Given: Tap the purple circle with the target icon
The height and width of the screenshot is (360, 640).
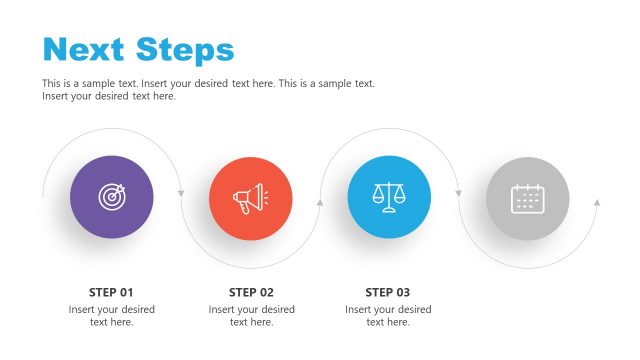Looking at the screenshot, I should (x=112, y=198).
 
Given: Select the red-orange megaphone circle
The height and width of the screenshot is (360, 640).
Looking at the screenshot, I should (x=250, y=198).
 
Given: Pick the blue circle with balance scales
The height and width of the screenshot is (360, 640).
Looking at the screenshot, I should (x=388, y=198).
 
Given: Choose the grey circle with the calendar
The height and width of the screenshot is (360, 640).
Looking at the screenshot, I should (x=527, y=198).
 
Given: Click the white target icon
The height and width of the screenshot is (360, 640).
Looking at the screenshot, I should (x=112, y=198).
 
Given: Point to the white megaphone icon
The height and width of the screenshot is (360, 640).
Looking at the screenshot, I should (x=249, y=198).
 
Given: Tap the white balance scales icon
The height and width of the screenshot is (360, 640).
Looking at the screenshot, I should (x=388, y=197).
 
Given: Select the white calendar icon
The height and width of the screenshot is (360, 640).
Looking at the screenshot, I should (x=527, y=198).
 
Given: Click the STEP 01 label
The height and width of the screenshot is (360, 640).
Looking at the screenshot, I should (x=111, y=293).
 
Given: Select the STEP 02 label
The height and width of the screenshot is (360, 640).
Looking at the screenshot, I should (x=251, y=293).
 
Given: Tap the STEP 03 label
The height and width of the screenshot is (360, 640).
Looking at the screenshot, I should (x=388, y=293).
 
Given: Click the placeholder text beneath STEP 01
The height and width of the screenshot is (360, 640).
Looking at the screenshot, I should (x=111, y=316).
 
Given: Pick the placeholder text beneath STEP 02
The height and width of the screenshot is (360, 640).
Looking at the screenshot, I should (x=251, y=316).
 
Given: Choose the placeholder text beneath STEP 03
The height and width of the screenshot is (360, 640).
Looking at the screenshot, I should (x=388, y=316).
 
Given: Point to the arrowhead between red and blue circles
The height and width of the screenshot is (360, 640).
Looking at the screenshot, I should (x=320, y=202).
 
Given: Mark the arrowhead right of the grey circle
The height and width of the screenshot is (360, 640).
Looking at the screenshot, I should (x=597, y=202).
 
